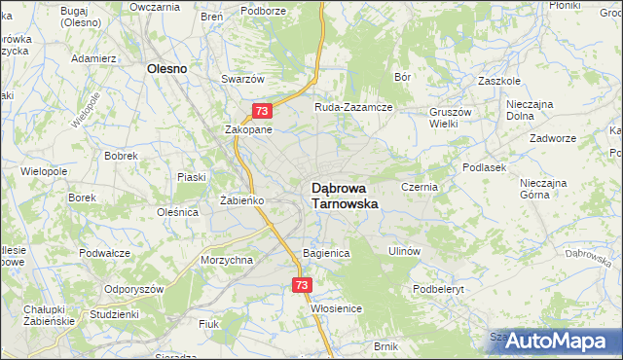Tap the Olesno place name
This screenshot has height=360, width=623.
coord(166,69)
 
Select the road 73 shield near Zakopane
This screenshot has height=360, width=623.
coord(260,111)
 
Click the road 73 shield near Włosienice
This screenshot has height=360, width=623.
coord(301,285)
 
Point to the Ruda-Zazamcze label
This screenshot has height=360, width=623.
coord(352,107)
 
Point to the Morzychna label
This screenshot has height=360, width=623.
coord(227,260)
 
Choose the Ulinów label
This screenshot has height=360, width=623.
coord(404,251)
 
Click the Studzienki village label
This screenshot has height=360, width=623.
coord(114,314)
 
